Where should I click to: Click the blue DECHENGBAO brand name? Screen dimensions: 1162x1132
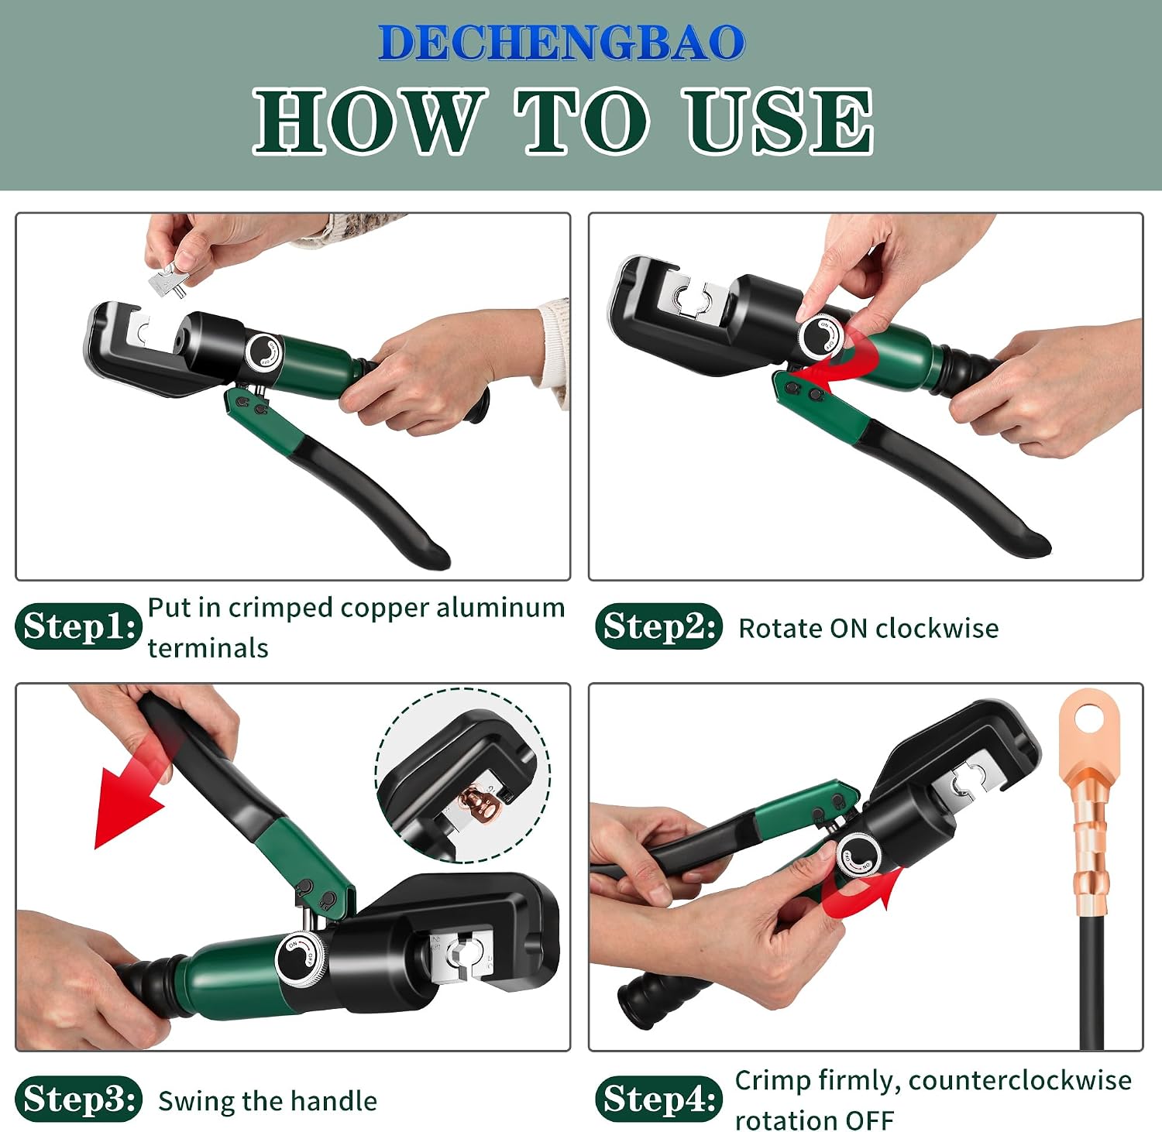(x=562, y=43)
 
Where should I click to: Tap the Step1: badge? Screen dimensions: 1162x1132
(x=78, y=626)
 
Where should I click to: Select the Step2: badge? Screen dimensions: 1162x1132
(x=658, y=626)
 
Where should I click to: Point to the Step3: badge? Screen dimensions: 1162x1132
(x=78, y=1098)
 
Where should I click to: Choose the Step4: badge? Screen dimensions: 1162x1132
(x=658, y=1098)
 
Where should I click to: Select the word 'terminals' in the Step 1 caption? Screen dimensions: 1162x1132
(x=208, y=647)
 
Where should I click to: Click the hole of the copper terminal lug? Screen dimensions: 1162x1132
(x=1088, y=718)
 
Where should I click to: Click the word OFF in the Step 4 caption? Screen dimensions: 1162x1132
(x=869, y=1120)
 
